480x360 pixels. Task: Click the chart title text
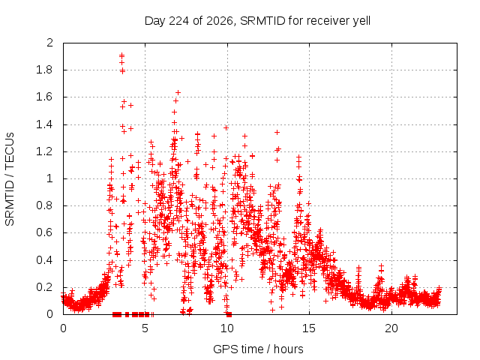(257, 21)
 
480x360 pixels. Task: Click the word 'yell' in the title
(361, 22)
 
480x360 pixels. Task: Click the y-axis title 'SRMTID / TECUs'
(10, 179)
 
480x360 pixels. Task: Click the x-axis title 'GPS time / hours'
(258, 349)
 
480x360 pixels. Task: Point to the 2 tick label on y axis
(50, 43)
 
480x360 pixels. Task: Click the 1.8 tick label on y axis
(45, 70)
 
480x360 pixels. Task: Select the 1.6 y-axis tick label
(45, 97)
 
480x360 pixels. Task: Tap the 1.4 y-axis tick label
(45, 124)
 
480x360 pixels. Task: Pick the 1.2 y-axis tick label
(45, 151)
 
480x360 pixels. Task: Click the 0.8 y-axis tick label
(45, 205)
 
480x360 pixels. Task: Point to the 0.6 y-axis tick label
(45, 232)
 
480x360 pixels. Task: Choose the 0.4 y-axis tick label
(45, 260)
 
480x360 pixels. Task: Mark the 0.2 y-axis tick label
(45, 287)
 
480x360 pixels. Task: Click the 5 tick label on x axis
(145, 328)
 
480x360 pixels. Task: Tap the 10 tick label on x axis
(227, 328)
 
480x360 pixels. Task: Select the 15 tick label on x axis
(309, 328)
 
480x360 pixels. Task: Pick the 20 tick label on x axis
(391, 328)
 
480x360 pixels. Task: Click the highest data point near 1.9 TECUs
(121, 55)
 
